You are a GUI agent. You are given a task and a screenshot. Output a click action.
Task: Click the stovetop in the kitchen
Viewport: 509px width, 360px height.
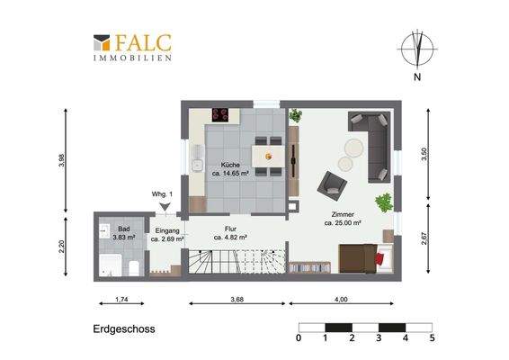coord(219,114)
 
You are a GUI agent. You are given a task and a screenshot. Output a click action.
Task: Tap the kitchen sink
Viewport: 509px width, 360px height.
coord(195,162)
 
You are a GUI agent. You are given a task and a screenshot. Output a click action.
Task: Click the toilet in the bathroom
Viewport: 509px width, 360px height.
coord(132,266)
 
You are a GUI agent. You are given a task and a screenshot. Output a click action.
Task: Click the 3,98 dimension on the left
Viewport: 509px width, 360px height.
coord(61,160)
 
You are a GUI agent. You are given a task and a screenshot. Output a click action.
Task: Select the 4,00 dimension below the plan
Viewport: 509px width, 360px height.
coord(340,299)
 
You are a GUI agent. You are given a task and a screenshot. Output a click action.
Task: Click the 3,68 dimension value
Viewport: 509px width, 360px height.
coord(237,299)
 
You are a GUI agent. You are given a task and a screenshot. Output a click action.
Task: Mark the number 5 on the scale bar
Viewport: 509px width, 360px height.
coord(433,338)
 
